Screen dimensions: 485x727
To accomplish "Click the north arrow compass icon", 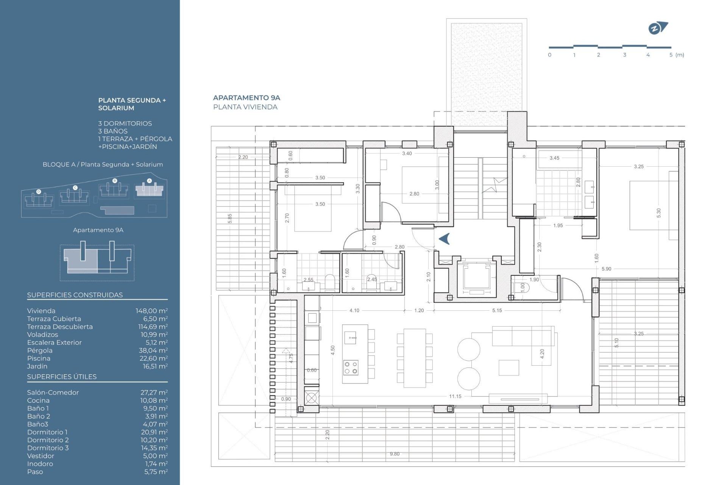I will click(658, 28).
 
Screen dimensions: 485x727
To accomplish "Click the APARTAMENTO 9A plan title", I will click(246, 98).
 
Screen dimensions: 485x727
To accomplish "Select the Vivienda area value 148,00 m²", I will click(151, 311).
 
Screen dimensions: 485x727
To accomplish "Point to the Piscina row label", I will click(39, 358).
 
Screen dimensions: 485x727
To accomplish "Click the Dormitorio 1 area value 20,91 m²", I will click(154, 432).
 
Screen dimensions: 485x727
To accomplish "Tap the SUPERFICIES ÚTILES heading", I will click(62, 377).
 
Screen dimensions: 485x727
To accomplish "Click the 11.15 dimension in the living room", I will click(455, 396).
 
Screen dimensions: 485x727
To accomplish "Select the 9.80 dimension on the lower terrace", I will click(395, 454).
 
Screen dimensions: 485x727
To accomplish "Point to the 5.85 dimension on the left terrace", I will click(230, 219).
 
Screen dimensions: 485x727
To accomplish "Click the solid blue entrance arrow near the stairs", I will click(445, 239).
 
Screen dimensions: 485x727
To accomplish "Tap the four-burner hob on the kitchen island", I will click(351, 368).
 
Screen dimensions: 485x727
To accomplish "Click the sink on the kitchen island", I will click(351, 337).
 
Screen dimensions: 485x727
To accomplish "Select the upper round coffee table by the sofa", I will click(469, 349).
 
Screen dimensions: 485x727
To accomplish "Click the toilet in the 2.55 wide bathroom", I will click(330, 282).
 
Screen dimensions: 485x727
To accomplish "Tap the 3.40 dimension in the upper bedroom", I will click(407, 153).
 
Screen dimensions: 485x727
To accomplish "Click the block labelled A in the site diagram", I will click(150, 189).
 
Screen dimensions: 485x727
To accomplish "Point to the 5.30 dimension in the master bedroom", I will click(658, 213).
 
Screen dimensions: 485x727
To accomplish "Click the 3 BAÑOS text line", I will click(113, 131).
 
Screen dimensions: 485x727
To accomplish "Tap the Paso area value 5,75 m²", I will click(156, 472).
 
